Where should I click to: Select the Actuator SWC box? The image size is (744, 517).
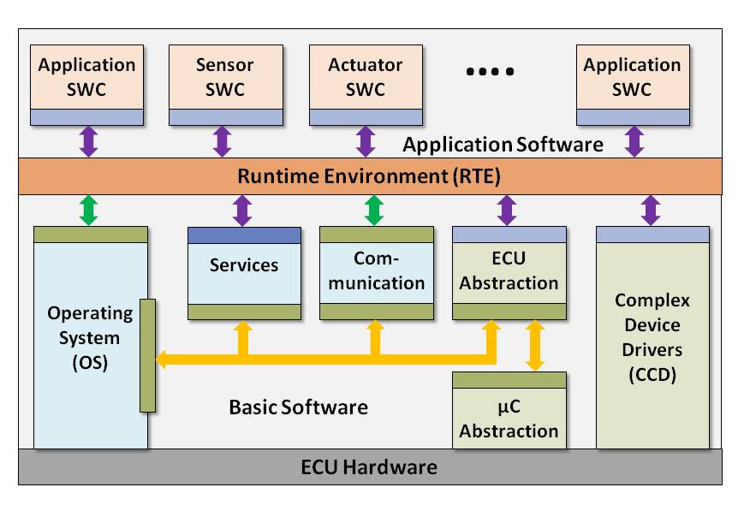[x=366, y=77]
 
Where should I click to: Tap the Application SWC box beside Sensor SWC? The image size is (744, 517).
[x=86, y=77]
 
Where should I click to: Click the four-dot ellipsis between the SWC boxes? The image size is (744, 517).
[x=489, y=72]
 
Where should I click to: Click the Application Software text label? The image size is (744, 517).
[x=503, y=144]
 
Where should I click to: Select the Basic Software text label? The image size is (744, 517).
[x=298, y=407]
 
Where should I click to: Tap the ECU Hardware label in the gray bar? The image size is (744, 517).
[x=369, y=467]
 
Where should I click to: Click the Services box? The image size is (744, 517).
[x=244, y=265]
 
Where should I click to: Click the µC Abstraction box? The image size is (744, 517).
[x=509, y=420]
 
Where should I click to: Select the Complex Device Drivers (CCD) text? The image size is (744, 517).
[x=652, y=337]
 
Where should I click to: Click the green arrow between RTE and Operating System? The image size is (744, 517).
[x=87, y=211]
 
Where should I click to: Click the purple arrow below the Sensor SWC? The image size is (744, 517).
[x=222, y=141]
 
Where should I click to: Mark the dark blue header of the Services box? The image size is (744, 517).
[x=244, y=235]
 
